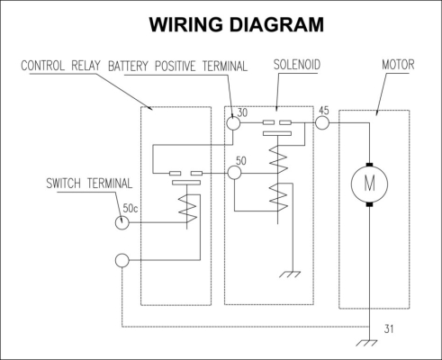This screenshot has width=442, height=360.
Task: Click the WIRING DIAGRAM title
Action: click(x=237, y=24)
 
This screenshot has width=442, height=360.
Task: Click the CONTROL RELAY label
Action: click(x=60, y=66)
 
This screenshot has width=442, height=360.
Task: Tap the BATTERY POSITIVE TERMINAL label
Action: click(x=177, y=67)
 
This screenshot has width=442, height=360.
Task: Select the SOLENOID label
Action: click(x=297, y=65)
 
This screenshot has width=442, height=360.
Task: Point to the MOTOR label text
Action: click(x=398, y=65)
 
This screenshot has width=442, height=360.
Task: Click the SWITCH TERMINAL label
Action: click(x=89, y=184)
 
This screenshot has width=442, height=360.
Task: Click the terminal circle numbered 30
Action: click(x=233, y=123)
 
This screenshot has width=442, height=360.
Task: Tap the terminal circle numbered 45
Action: click(x=322, y=122)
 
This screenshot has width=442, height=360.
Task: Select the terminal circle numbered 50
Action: click(x=234, y=173)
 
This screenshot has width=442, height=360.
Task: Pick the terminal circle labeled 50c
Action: click(x=122, y=222)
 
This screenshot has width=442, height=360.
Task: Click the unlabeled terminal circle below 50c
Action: click(x=122, y=260)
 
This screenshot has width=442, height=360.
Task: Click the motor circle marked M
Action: click(x=369, y=184)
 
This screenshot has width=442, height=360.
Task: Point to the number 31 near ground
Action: click(x=389, y=329)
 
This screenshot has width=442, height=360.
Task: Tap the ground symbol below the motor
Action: click(x=366, y=343)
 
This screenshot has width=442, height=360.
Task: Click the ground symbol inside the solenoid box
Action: click(x=290, y=274)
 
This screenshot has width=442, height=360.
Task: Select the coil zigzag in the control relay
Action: click(x=188, y=209)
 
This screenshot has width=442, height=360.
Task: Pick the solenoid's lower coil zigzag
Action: click(x=278, y=197)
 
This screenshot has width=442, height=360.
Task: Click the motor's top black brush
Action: click(x=369, y=165)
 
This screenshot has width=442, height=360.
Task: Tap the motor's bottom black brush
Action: click(x=369, y=204)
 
